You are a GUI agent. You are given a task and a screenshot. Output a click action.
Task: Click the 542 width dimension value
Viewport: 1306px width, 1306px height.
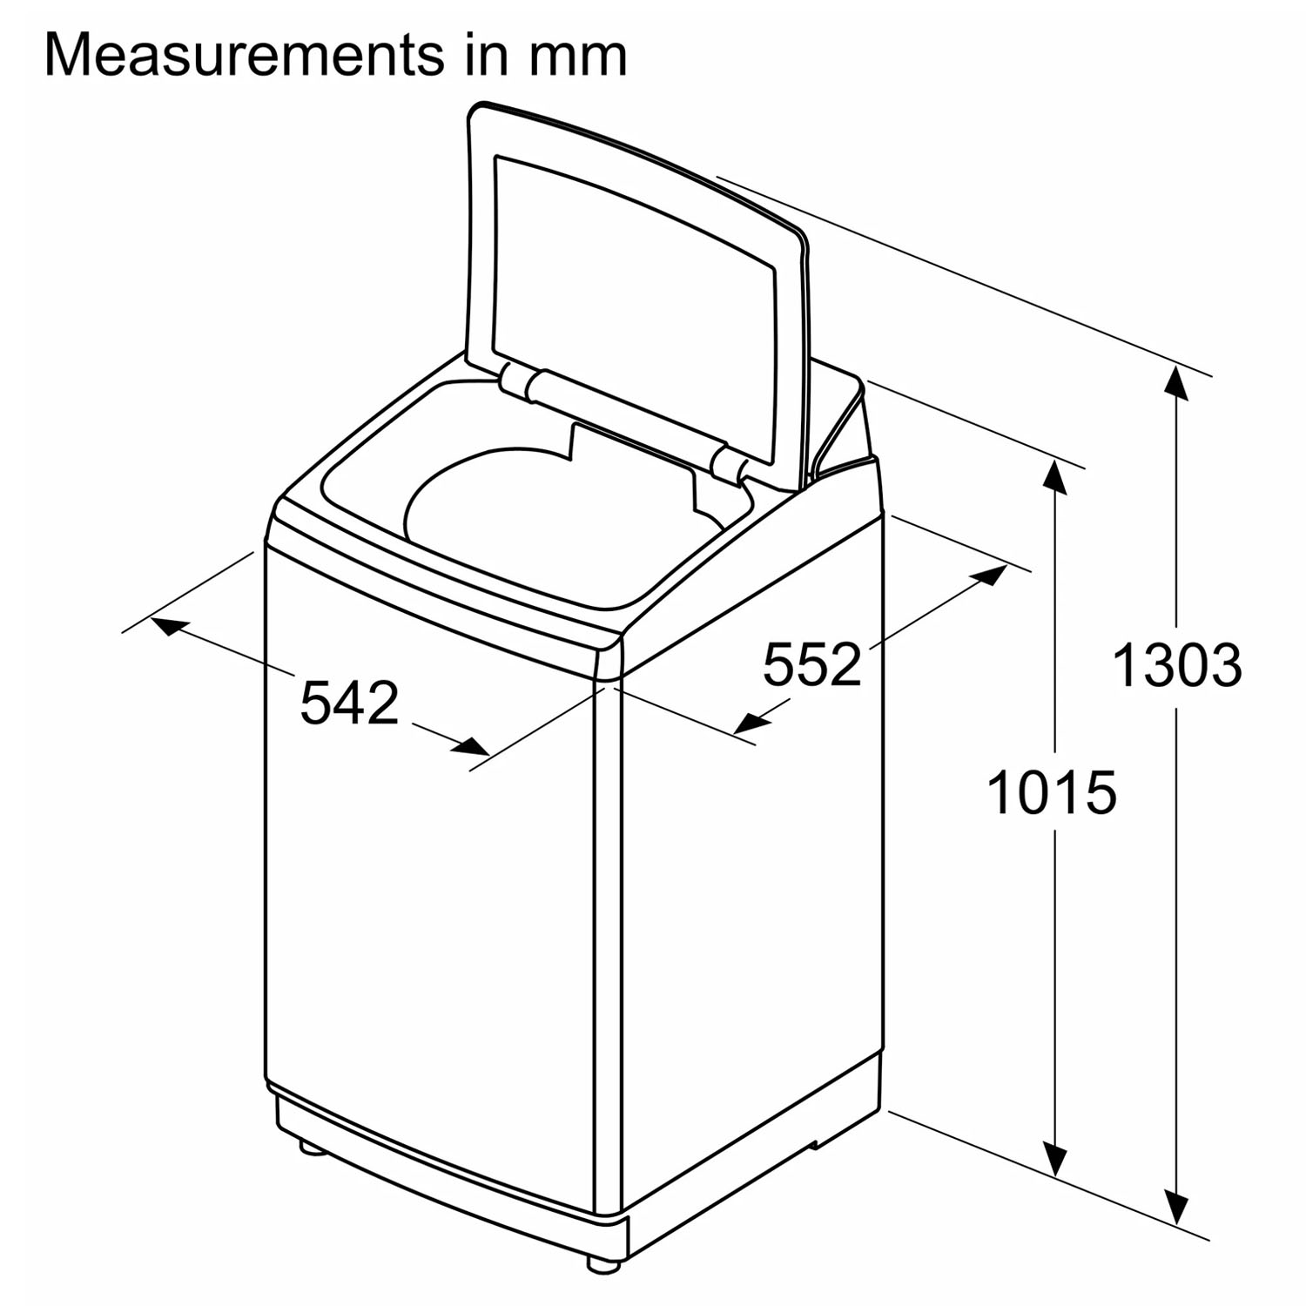[x=349, y=703]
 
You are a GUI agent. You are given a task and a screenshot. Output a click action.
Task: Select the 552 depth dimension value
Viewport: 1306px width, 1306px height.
[x=811, y=664]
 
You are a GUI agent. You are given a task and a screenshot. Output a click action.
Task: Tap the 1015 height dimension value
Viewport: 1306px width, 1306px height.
[x=1052, y=792]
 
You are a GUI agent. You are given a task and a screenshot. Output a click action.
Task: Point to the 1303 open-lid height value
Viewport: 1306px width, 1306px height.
[x=1177, y=665]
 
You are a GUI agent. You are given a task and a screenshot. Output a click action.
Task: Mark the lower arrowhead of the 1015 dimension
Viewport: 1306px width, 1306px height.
[x=1055, y=1157]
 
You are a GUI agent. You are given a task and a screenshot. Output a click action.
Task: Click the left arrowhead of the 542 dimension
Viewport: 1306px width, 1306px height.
[x=170, y=625]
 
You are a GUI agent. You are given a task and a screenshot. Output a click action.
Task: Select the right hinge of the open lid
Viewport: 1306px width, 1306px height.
[x=727, y=461]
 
